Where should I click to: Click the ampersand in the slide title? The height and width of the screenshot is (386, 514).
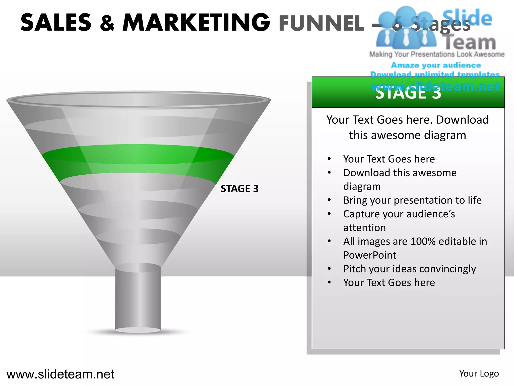107,23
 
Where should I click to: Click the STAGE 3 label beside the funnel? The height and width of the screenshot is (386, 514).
239,189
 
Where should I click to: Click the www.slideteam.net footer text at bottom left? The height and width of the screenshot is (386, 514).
60,374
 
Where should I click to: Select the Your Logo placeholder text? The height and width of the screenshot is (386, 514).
479,374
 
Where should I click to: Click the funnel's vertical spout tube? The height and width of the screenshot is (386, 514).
138,299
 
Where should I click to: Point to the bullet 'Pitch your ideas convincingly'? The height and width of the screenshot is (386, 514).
409,269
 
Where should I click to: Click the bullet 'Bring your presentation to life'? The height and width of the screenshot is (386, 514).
412,200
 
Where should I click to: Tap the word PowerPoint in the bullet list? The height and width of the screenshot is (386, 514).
370,255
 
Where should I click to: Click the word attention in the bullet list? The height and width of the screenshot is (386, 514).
364,228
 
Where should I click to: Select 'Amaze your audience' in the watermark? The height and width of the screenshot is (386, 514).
436,65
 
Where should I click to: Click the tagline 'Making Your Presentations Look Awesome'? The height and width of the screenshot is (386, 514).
437,54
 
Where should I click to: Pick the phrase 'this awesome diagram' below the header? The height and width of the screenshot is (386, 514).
407,135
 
